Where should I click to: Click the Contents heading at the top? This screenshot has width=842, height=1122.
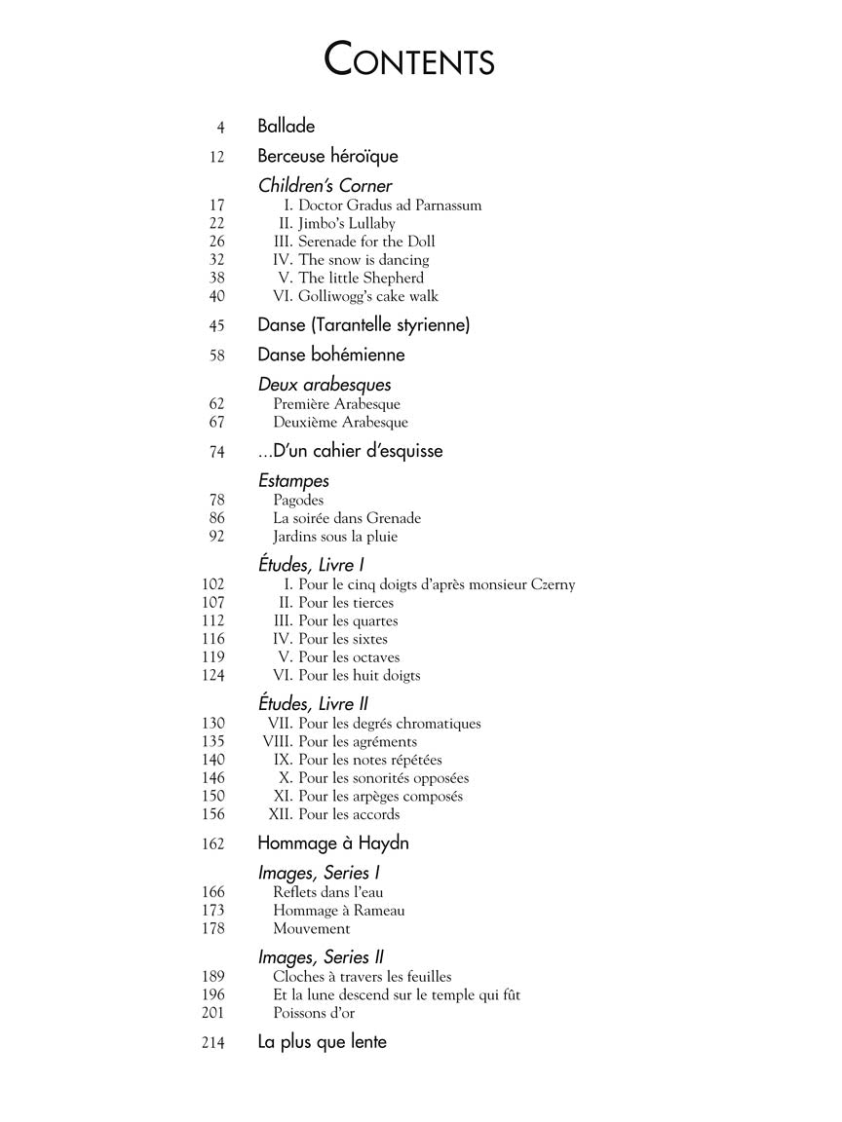pos(409,60)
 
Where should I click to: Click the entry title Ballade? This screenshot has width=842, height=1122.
pos(286,127)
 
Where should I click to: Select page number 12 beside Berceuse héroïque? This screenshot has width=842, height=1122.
pos(216,157)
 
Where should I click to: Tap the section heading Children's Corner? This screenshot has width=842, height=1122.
pos(325,186)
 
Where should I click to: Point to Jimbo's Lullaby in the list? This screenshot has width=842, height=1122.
pos(346,223)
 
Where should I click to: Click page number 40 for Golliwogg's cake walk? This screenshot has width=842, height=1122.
pos(216,296)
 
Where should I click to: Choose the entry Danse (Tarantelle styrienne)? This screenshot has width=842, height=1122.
pos(364,325)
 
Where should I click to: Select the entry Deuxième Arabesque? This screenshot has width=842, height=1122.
pos(340,423)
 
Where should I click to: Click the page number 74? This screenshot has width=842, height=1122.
pos(216,452)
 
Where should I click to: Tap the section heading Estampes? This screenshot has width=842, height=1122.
pos(293,481)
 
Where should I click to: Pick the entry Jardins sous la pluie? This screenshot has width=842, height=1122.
pos(335,537)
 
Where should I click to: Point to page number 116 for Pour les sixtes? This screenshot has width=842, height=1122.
pos(212,639)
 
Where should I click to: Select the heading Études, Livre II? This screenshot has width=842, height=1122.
pos(313,704)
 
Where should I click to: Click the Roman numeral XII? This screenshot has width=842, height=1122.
pos(281,814)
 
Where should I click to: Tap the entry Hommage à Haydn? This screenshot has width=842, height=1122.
pos(333,843)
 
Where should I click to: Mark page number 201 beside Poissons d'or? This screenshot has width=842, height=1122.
pos(212,1013)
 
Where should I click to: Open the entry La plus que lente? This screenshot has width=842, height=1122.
pos(322,1042)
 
